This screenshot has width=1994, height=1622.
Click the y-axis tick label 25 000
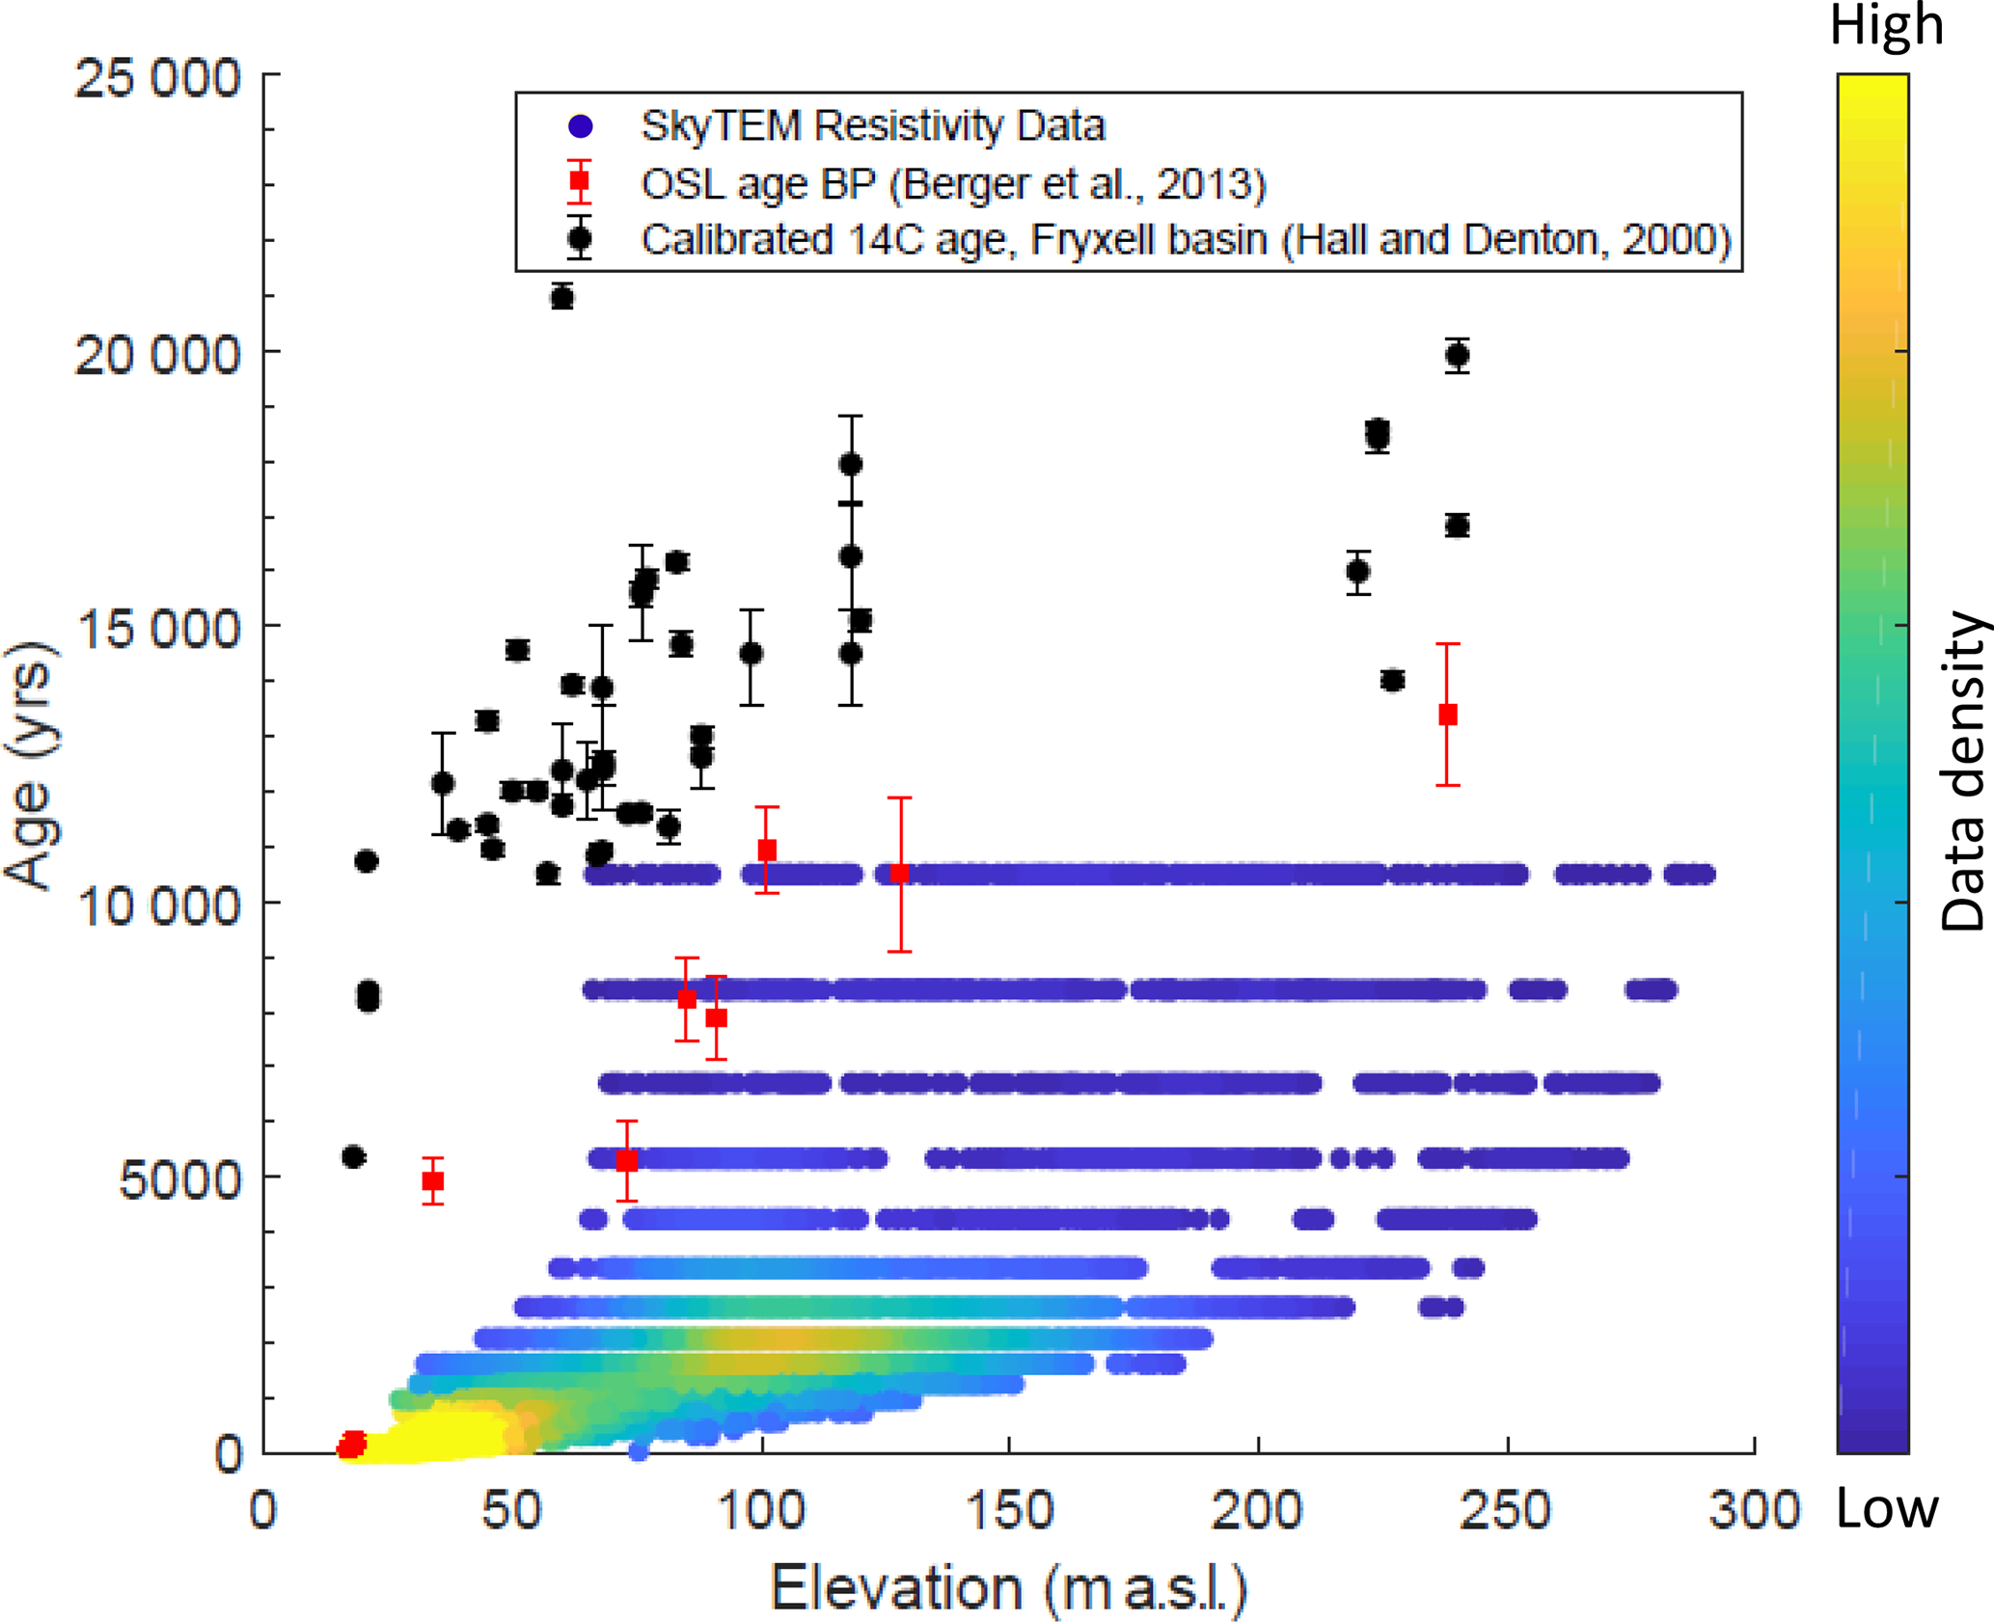point(157,78)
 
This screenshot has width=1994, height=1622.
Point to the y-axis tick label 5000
point(179,1178)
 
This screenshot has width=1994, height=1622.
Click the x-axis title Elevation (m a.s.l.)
point(1008,1588)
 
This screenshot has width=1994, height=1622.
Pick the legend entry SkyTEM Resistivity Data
point(872,126)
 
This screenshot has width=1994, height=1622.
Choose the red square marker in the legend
point(580,181)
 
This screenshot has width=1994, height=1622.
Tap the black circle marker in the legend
point(580,238)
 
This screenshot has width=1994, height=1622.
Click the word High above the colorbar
point(1886,26)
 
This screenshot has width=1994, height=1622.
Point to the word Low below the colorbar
point(1886,1509)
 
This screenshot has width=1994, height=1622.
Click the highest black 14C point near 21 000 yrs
point(562,298)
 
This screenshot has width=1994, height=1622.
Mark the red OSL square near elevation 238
point(1448,715)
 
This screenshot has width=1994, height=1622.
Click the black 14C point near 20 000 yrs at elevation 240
point(1458,356)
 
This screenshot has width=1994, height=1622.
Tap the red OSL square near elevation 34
point(433,1180)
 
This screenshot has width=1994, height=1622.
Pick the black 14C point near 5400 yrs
point(354,1156)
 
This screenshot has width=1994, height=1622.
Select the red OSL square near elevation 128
point(900,874)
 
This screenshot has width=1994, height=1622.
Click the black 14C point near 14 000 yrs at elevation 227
point(1392,680)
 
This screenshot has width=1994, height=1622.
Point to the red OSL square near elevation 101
point(767,850)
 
